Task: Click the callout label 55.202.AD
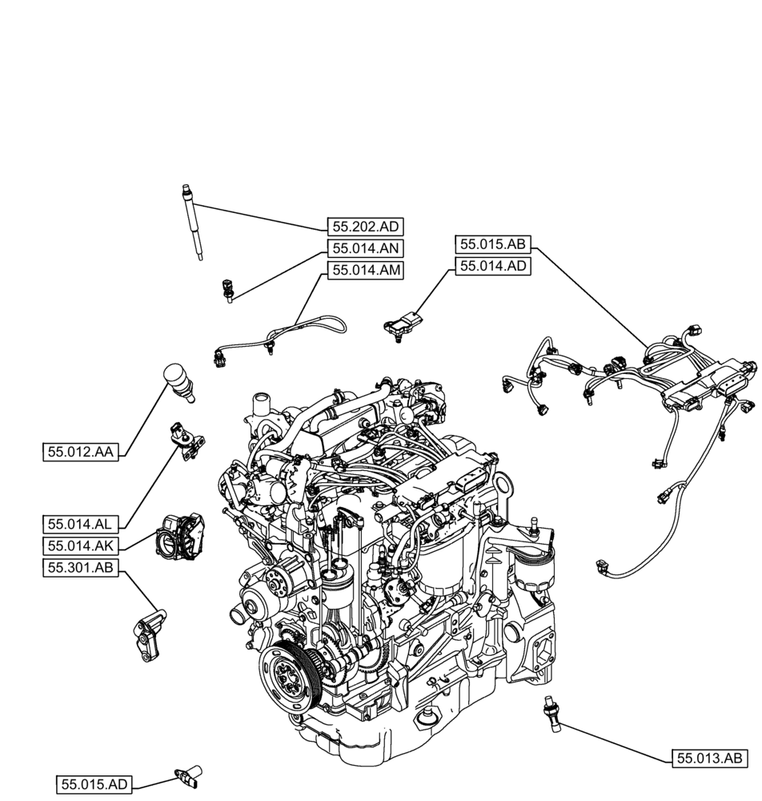[364, 227]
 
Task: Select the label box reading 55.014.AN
[364, 248]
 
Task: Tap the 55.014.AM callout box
[364, 270]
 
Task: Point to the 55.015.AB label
[493, 244]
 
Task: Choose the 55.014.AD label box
[493, 266]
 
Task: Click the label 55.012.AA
[81, 452]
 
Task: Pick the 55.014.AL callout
[81, 524]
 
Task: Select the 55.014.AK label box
[81, 546]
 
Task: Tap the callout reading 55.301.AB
[81, 568]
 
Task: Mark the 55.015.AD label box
[94, 783]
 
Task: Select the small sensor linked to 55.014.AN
[228, 290]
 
